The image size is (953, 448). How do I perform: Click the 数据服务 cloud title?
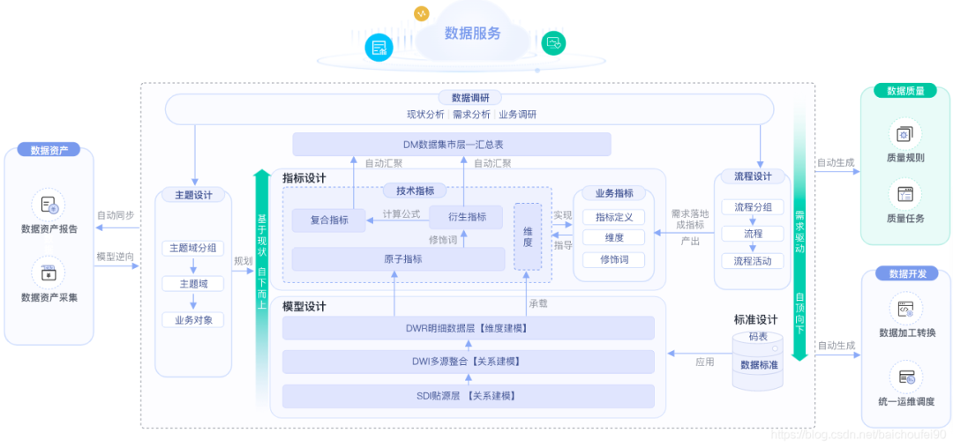point(472,34)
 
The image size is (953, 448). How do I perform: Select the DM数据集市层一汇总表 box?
point(452,144)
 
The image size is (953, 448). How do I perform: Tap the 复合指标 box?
point(328,220)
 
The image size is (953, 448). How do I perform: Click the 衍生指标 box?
point(465,217)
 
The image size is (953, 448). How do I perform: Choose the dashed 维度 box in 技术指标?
point(528,235)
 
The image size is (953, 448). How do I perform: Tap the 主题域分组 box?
point(192,248)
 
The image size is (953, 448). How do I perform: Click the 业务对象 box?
point(192,319)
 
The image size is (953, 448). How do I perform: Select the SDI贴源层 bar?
point(468,395)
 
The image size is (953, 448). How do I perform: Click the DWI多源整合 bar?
point(468,362)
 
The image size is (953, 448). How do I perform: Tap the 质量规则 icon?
point(904,135)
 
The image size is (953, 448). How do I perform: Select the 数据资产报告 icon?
point(49,205)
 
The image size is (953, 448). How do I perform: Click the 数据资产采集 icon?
point(49,273)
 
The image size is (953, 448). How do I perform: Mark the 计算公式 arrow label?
point(401,213)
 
